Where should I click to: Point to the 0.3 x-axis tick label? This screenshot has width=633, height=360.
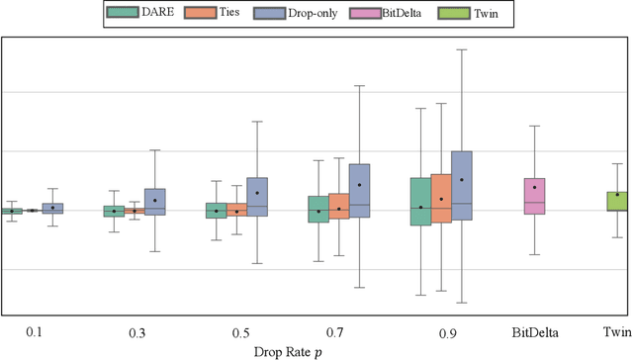[x=136, y=329]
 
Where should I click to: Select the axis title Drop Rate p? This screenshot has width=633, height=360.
[x=316, y=349]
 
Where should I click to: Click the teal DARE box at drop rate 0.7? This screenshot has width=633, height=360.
[x=318, y=209]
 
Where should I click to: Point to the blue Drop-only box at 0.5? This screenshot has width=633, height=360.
[x=257, y=197]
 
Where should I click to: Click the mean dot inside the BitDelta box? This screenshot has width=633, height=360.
[x=534, y=187]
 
